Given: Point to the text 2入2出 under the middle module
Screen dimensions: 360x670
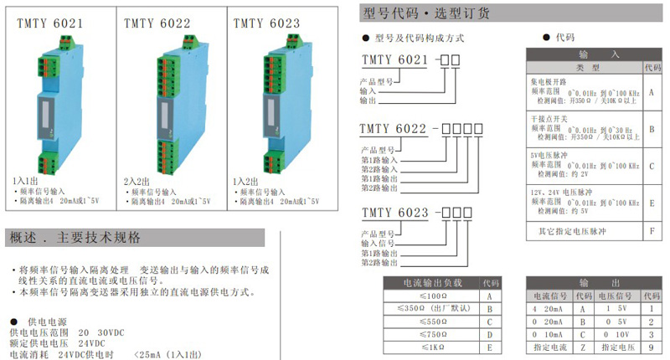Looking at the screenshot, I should [x=136, y=181].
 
